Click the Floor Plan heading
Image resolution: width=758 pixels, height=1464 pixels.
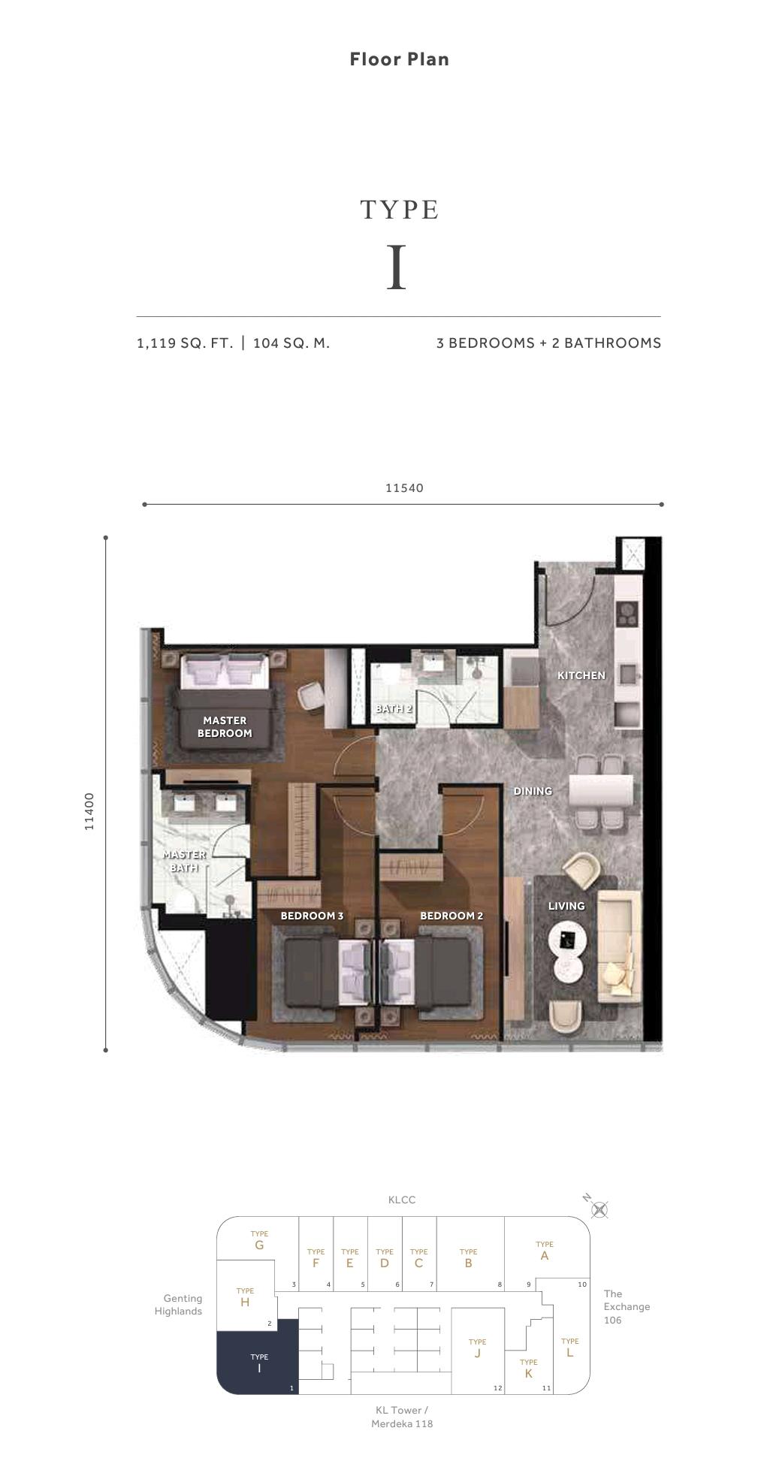[x=399, y=59]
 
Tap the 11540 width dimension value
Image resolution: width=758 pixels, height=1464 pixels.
[x=404, y=488]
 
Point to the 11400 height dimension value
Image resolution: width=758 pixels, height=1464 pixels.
[x=89, y=811]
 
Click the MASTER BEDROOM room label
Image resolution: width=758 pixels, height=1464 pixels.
[x=225, y=727]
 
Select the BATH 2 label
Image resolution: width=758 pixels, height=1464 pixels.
[x=394, y=708]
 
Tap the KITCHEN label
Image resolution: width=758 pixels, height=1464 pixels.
[x=581, y=675]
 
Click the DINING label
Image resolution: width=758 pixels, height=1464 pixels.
[x=533, y=791]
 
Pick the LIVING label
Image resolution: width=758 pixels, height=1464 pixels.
[x=566, y=906]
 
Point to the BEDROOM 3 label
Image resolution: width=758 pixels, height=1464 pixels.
[x=312, y=916]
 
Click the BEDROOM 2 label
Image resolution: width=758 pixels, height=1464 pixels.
[x=451, y=916]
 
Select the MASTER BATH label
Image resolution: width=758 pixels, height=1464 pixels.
[x=184, y=861]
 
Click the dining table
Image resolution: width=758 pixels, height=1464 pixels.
[x=600, y=791]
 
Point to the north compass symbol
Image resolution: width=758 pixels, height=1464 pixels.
[x=599, y=1209]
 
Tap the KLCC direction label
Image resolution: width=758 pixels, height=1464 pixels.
[x=401, y=1200]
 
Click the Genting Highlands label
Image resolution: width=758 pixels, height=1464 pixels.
[x=179, y=1305]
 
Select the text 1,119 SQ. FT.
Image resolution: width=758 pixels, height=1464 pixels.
[x=185, y=343]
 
